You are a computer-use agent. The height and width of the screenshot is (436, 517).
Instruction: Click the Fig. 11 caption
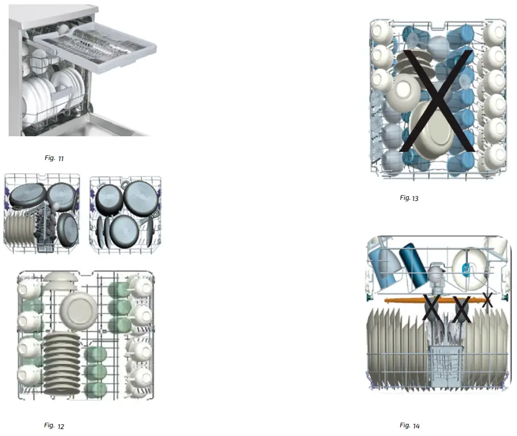point(54,158)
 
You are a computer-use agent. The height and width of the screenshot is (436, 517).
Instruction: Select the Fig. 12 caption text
point(54,426)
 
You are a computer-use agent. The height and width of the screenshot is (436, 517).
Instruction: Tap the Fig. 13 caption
point(409,198)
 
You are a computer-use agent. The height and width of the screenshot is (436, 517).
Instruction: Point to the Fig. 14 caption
point(409,426)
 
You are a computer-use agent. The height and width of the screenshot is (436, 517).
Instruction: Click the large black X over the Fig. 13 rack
point(437,100)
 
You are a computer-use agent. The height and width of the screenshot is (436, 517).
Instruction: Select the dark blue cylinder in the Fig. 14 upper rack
point(413,265)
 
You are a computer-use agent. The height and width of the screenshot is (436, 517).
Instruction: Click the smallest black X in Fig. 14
point(487,300)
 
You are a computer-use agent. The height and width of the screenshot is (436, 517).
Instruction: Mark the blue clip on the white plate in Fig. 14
point(466,269)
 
